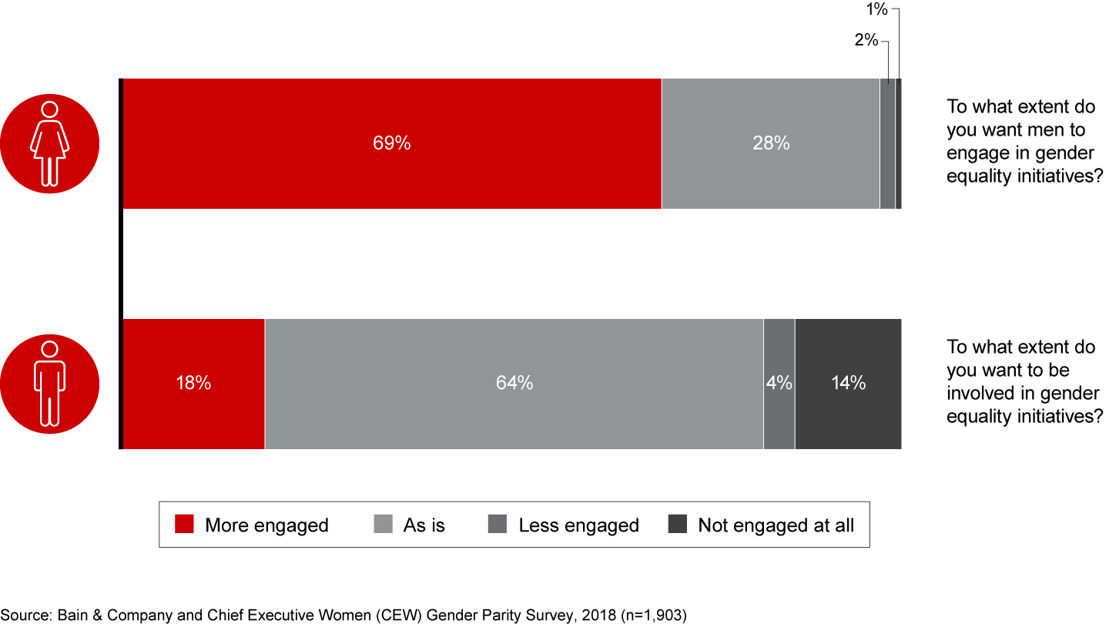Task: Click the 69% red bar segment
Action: point(391,143)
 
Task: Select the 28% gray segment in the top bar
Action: point(770,143)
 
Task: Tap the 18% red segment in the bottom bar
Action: point(193,383)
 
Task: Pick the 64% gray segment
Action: point(514,383)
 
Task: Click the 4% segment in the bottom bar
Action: point(779,383)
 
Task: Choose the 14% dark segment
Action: point(848,383)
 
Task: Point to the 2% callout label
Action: point(866,40)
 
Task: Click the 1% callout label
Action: point(877,10)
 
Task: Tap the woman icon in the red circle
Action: point(49,143)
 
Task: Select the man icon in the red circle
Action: point(49,383)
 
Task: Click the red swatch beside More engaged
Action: point(184,525)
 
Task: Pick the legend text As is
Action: point(424,525)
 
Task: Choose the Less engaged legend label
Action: point(578,525)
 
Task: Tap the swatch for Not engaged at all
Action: point(678,525)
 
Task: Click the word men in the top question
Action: point(1047,129)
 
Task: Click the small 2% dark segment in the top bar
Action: point(887,143)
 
